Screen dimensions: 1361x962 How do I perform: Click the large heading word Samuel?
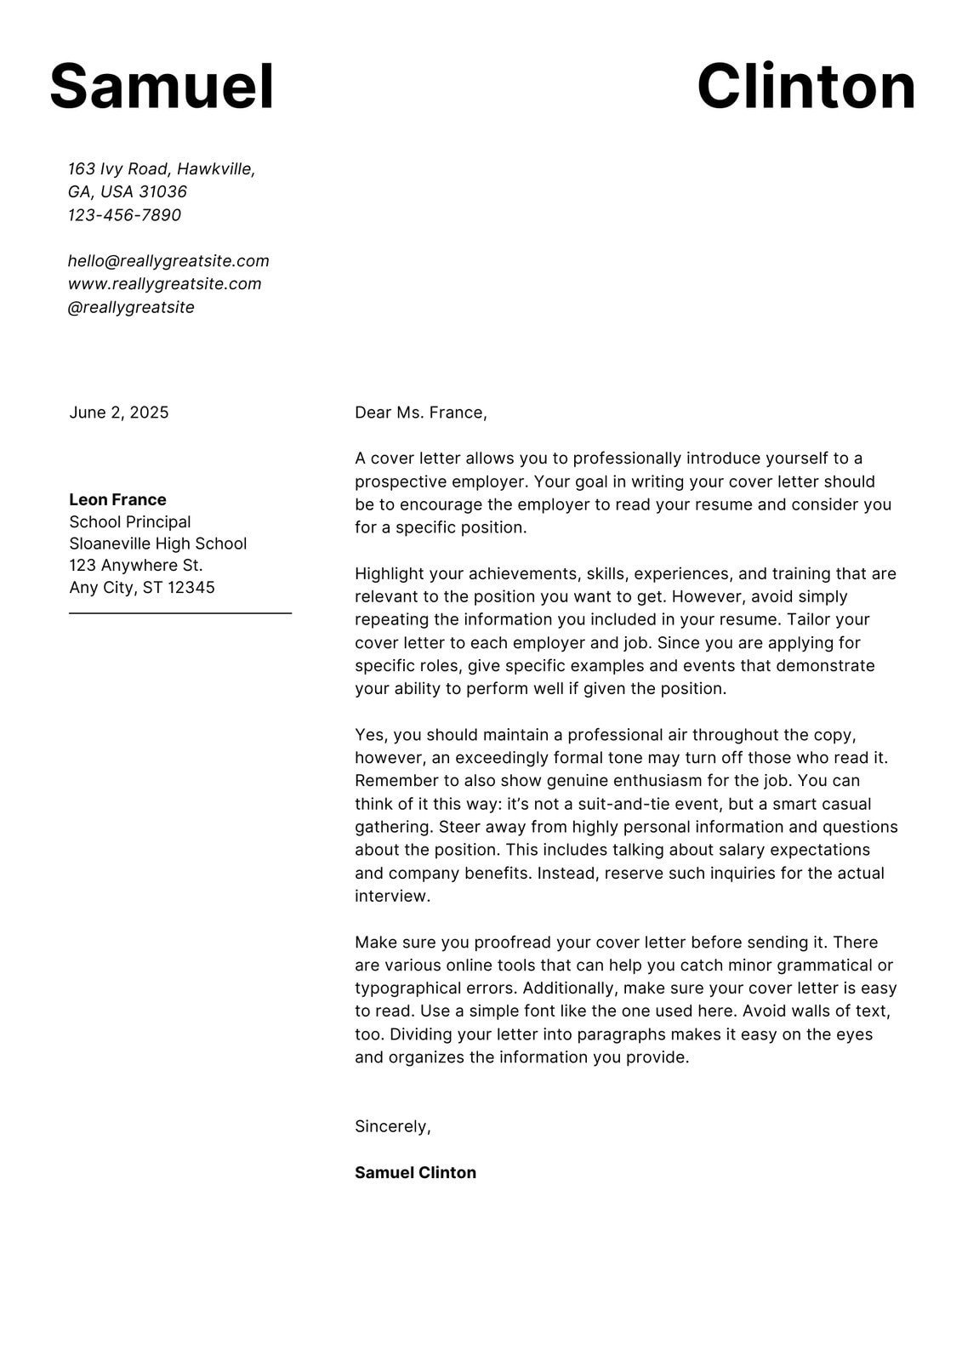(162, 87)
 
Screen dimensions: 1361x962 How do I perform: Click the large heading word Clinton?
(805, 87)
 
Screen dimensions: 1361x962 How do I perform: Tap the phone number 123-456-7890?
(124, 215)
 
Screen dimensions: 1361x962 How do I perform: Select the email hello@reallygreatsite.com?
(168, 261)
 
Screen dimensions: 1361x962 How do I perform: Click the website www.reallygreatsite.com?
(164, 284)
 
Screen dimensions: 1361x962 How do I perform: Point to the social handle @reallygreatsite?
(131, 307)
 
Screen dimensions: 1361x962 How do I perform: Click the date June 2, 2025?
(119, 413)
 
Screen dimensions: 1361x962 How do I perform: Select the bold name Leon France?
(117, 500)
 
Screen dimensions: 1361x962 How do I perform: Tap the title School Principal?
(130, 522)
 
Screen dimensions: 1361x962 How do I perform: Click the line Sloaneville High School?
(158, 544)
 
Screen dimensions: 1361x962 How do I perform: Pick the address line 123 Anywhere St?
(136, 566)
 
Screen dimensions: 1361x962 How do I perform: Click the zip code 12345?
(191, 588)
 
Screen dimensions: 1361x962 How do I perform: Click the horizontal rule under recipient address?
(180, 612)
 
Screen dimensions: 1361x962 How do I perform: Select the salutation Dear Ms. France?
(421, 413)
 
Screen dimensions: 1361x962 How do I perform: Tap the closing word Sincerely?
(393, 1126)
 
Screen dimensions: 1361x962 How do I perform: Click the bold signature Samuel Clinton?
(415, 1173)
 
